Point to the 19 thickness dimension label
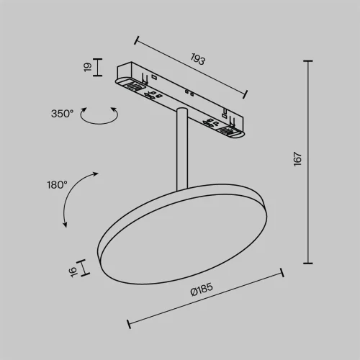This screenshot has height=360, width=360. point(86,67)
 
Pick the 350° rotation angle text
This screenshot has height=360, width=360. point(62,113)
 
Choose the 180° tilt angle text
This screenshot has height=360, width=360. point(56,185)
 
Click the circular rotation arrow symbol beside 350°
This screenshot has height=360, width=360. point(99,114)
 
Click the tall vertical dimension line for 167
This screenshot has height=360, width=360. point(310,163)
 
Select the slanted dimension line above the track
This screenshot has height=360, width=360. point(191,66)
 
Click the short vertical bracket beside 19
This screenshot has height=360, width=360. point(99,67)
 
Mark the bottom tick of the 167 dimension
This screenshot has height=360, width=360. point(310,263)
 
